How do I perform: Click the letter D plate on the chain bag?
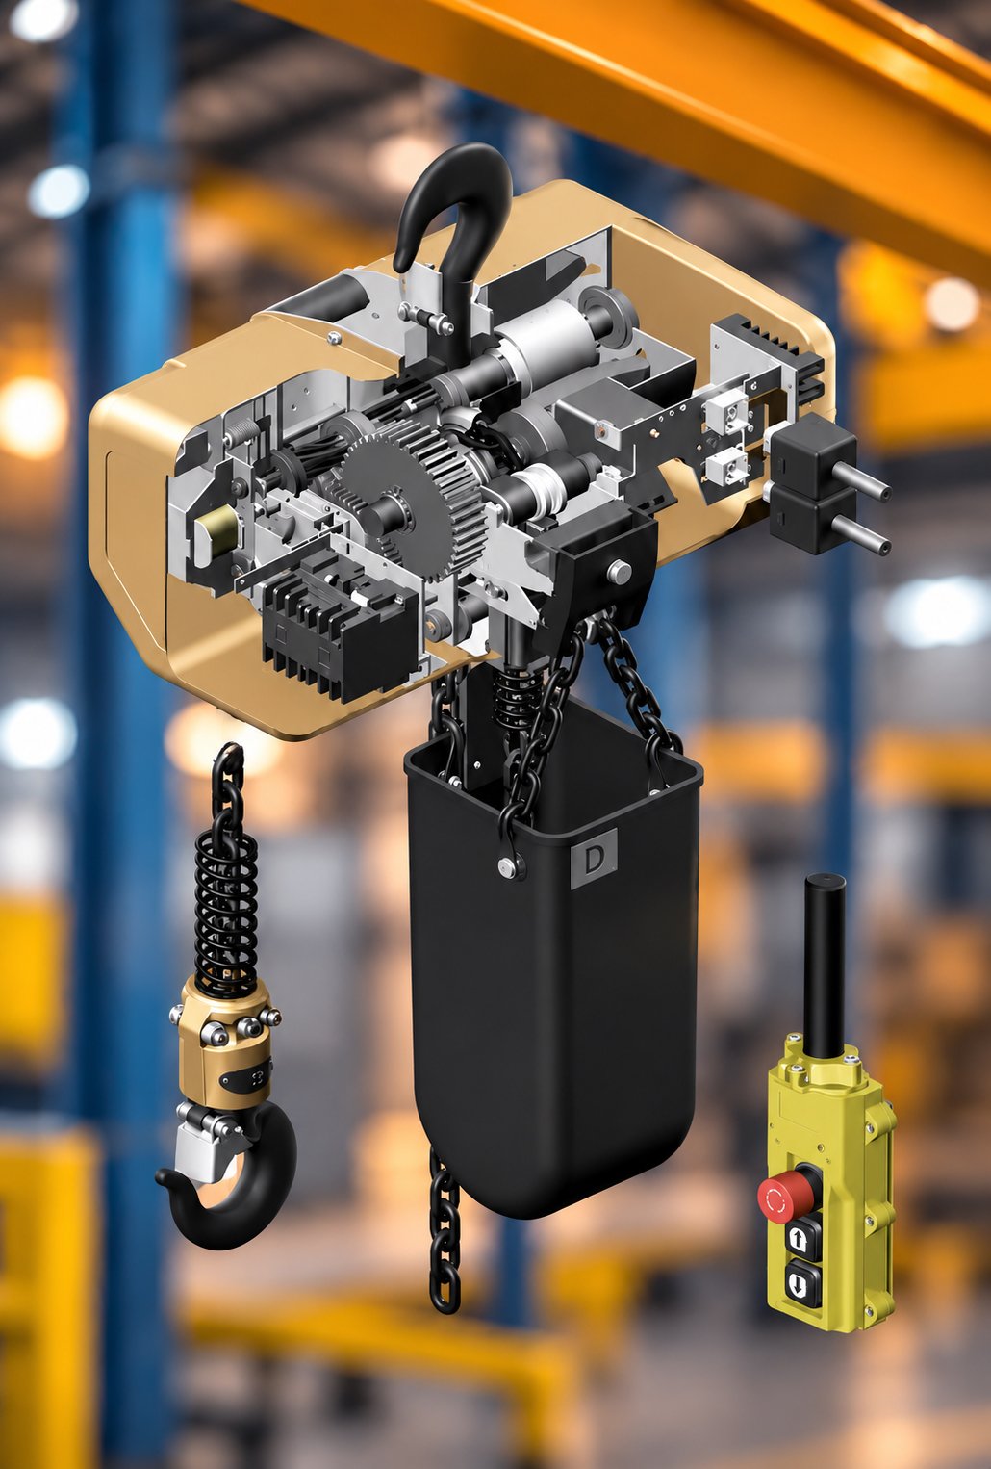594,859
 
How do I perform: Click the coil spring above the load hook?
226,912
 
